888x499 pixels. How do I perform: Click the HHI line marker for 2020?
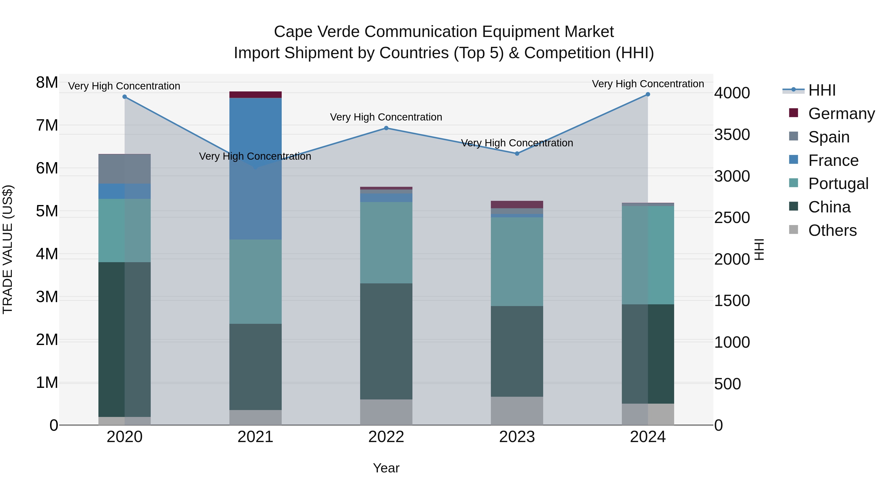125,97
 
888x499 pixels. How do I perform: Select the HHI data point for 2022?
386,128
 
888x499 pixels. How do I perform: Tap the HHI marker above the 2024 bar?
648,94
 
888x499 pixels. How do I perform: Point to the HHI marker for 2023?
517,154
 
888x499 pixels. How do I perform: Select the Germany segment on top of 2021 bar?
256,95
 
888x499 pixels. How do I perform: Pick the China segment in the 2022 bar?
386,341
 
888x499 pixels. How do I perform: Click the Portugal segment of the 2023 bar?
517,262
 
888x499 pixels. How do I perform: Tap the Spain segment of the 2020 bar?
125,169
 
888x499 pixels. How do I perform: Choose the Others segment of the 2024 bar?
648,414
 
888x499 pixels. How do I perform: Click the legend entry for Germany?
841,114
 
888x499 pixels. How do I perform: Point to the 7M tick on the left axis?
47,125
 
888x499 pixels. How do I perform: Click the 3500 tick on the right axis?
732,135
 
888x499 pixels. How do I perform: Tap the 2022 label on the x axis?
386,437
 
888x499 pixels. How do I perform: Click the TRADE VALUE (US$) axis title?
8,249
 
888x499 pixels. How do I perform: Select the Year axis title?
386,468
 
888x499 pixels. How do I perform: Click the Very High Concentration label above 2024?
648,84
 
